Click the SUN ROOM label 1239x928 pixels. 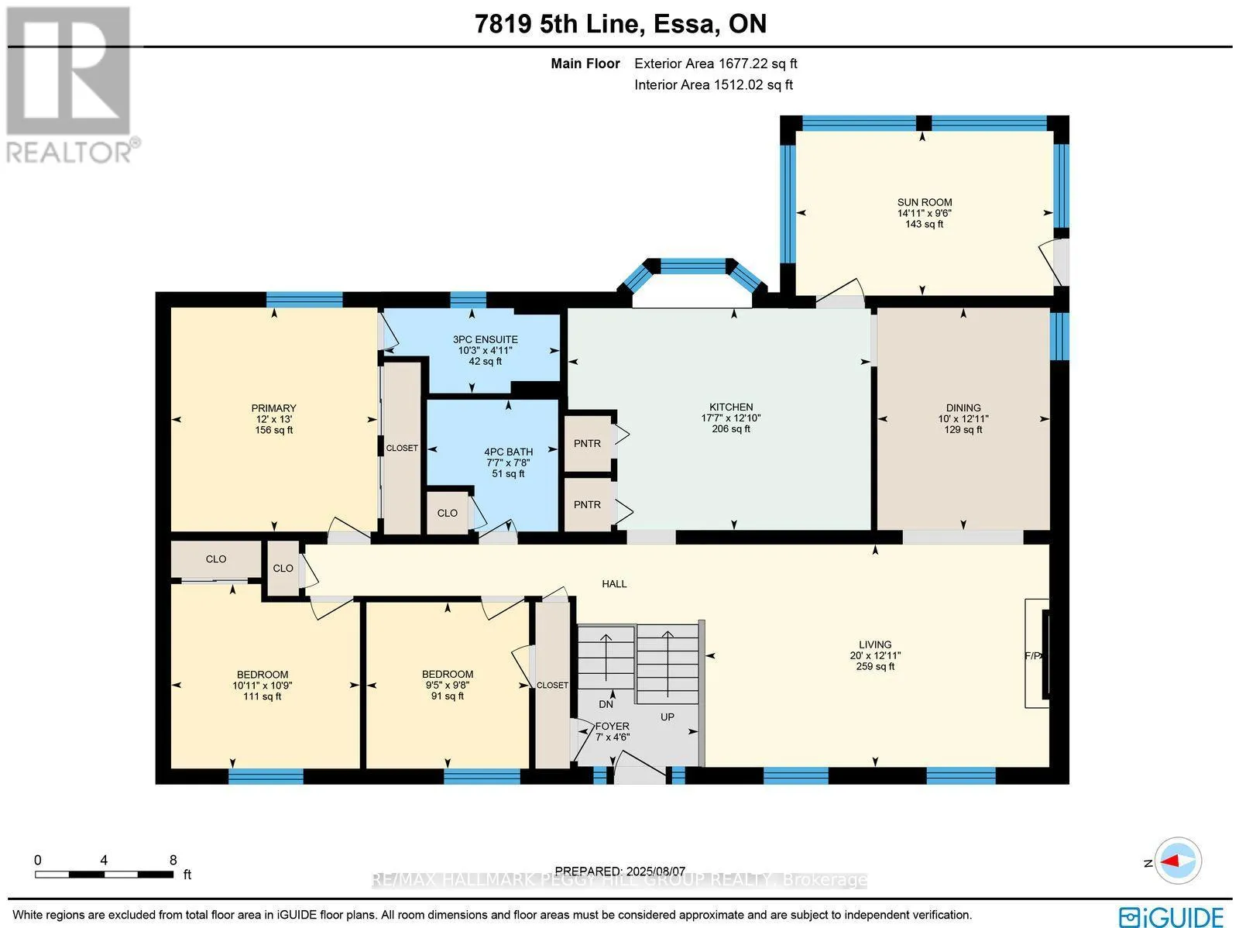(x=924, y=202)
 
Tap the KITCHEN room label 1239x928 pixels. (x=731, y=407)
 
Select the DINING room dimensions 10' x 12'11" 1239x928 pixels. (x=963, y=419)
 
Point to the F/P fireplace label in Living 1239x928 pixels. (x=1034, y=655)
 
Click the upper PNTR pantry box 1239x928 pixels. (x=587, y=444)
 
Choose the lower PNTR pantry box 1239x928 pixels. (x=587, y=504)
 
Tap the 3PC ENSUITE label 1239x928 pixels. (x=485, y=339)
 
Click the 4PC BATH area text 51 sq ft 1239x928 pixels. (x=508, y=473)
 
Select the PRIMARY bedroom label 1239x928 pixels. (x=274, y=408)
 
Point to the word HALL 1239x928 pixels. (x=614, y=583)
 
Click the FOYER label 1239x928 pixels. (x=612, y=726)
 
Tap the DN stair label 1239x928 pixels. (x=606, y=704)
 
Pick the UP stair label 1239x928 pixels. (x=668, y=717)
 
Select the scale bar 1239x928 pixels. (x=105, y=875)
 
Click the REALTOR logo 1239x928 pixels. (x=70, y=84)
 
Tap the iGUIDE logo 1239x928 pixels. (x=1172, y=916)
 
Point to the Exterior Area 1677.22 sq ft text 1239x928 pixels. (x=716, y=64)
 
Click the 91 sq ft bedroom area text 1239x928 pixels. (x=447, y=696)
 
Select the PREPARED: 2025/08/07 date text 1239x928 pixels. (x=619, y=871)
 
